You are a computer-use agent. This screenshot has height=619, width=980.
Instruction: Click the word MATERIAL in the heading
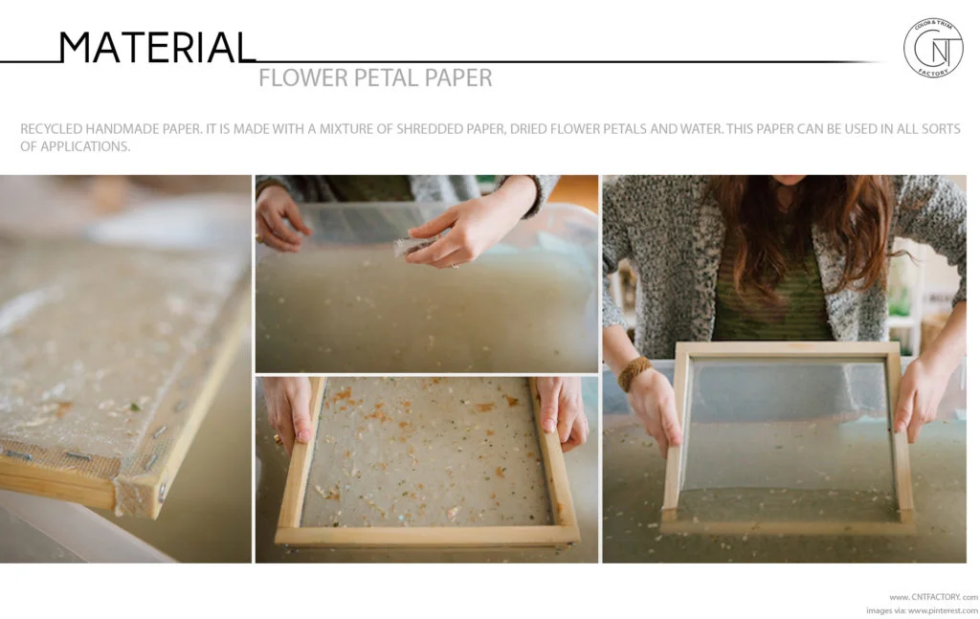[157, 47]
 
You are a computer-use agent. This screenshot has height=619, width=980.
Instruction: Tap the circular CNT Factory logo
[932, 47]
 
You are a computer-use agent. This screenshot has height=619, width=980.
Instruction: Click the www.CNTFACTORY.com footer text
[933, 596]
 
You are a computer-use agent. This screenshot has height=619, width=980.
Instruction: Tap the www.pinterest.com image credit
[942, 610]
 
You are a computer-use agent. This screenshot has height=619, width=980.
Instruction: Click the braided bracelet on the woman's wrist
[634, 373]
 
